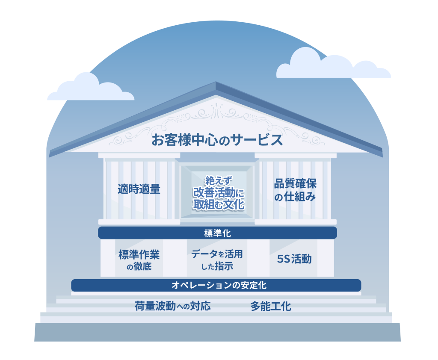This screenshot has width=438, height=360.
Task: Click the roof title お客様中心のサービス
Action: point(217,140)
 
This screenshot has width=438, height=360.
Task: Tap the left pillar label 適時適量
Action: point(139,189)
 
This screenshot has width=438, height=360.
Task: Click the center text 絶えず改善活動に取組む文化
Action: point(219,193)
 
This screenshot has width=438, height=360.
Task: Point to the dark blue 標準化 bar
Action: point(217,233)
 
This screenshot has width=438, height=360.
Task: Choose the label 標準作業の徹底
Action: point(139,260)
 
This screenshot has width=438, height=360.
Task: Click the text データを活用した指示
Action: point(217,260)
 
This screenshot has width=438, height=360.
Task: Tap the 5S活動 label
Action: point(294,259)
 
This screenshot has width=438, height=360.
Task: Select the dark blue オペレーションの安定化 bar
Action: point(216,285)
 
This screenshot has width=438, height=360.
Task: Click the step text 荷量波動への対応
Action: point(172,306)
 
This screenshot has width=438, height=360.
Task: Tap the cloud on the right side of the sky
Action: point(333,64)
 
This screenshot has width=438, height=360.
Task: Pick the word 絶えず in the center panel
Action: point(219,181)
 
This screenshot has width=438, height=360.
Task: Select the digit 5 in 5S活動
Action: point(280,259)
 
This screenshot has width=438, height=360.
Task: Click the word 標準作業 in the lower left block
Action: point(139,255)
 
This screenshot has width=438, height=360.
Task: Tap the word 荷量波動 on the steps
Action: point(155,306)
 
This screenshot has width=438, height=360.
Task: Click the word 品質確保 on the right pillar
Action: point(295,184)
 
